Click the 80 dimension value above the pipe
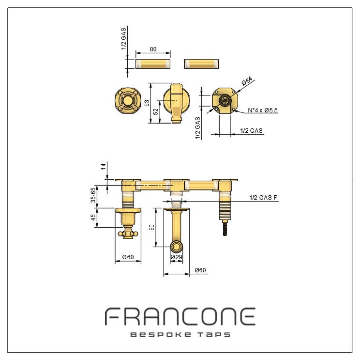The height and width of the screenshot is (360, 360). (153, 49)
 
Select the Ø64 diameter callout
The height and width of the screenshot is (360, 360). (247, 81)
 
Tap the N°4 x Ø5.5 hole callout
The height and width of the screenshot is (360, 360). (263, 110)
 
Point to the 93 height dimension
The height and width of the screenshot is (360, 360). (147, 103)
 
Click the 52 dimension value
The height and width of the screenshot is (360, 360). (156, 112)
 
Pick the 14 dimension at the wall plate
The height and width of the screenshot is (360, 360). (104, 167)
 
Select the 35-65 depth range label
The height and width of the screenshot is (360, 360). (93, 195)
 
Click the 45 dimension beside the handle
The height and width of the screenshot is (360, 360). (93, 217)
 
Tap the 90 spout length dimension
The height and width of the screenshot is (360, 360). (151, 228)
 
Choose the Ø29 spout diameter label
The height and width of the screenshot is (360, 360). (176, 257)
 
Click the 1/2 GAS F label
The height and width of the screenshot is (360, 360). (263, 198)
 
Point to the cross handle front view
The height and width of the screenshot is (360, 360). (128, 101)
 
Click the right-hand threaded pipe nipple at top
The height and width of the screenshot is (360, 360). (202, 64)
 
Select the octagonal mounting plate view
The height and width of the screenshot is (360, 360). (225, 101)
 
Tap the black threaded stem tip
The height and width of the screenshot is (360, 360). (225, 229)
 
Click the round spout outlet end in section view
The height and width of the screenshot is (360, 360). (176, 247)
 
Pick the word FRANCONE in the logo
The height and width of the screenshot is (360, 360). (180, 316)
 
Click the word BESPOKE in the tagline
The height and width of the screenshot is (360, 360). (161, 334)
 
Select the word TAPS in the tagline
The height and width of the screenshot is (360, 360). (214, 334)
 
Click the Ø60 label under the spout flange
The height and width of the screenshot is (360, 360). (200, 270)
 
